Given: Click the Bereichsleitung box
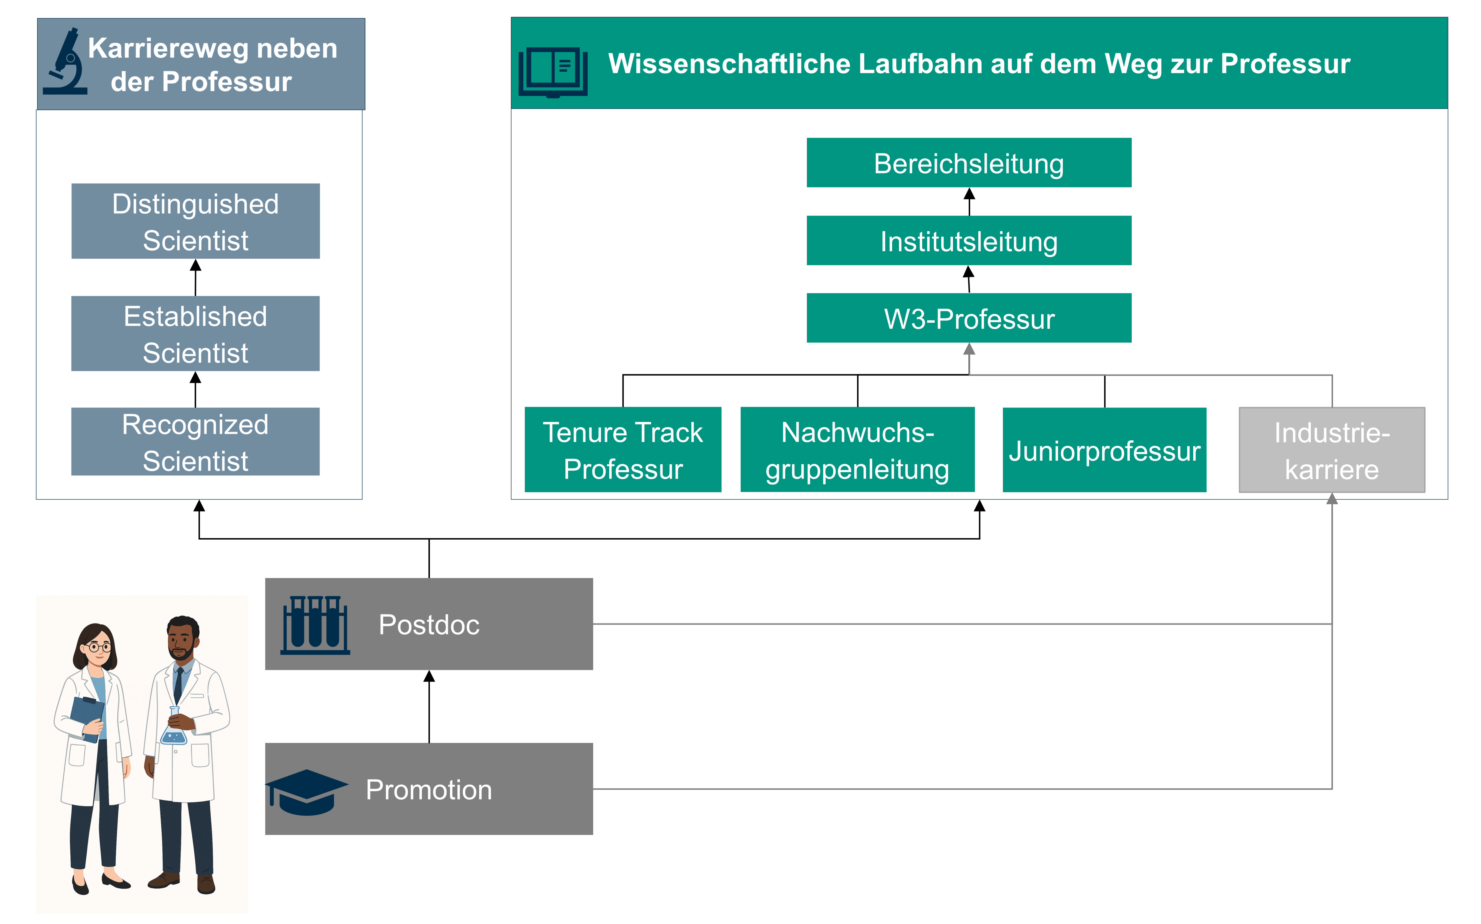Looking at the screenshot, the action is tap(969, 163).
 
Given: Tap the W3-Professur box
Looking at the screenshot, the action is tap(969, 318).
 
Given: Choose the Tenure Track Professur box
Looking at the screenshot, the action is tap(623, 450).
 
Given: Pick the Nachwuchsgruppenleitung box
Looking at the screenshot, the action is tap(858, 450).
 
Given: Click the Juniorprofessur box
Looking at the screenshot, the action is tap(1104, 450).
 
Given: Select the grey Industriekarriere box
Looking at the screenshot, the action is tap(1332, 450).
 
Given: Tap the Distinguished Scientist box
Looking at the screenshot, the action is tap(196, 221).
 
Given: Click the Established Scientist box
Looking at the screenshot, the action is tap(196, 334).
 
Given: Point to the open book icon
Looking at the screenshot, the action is tap(553, 72).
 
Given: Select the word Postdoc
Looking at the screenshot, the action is tap(429, 625).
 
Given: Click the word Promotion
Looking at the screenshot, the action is tap(429, 789).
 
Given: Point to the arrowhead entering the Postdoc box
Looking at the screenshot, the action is tap(429, 676).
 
